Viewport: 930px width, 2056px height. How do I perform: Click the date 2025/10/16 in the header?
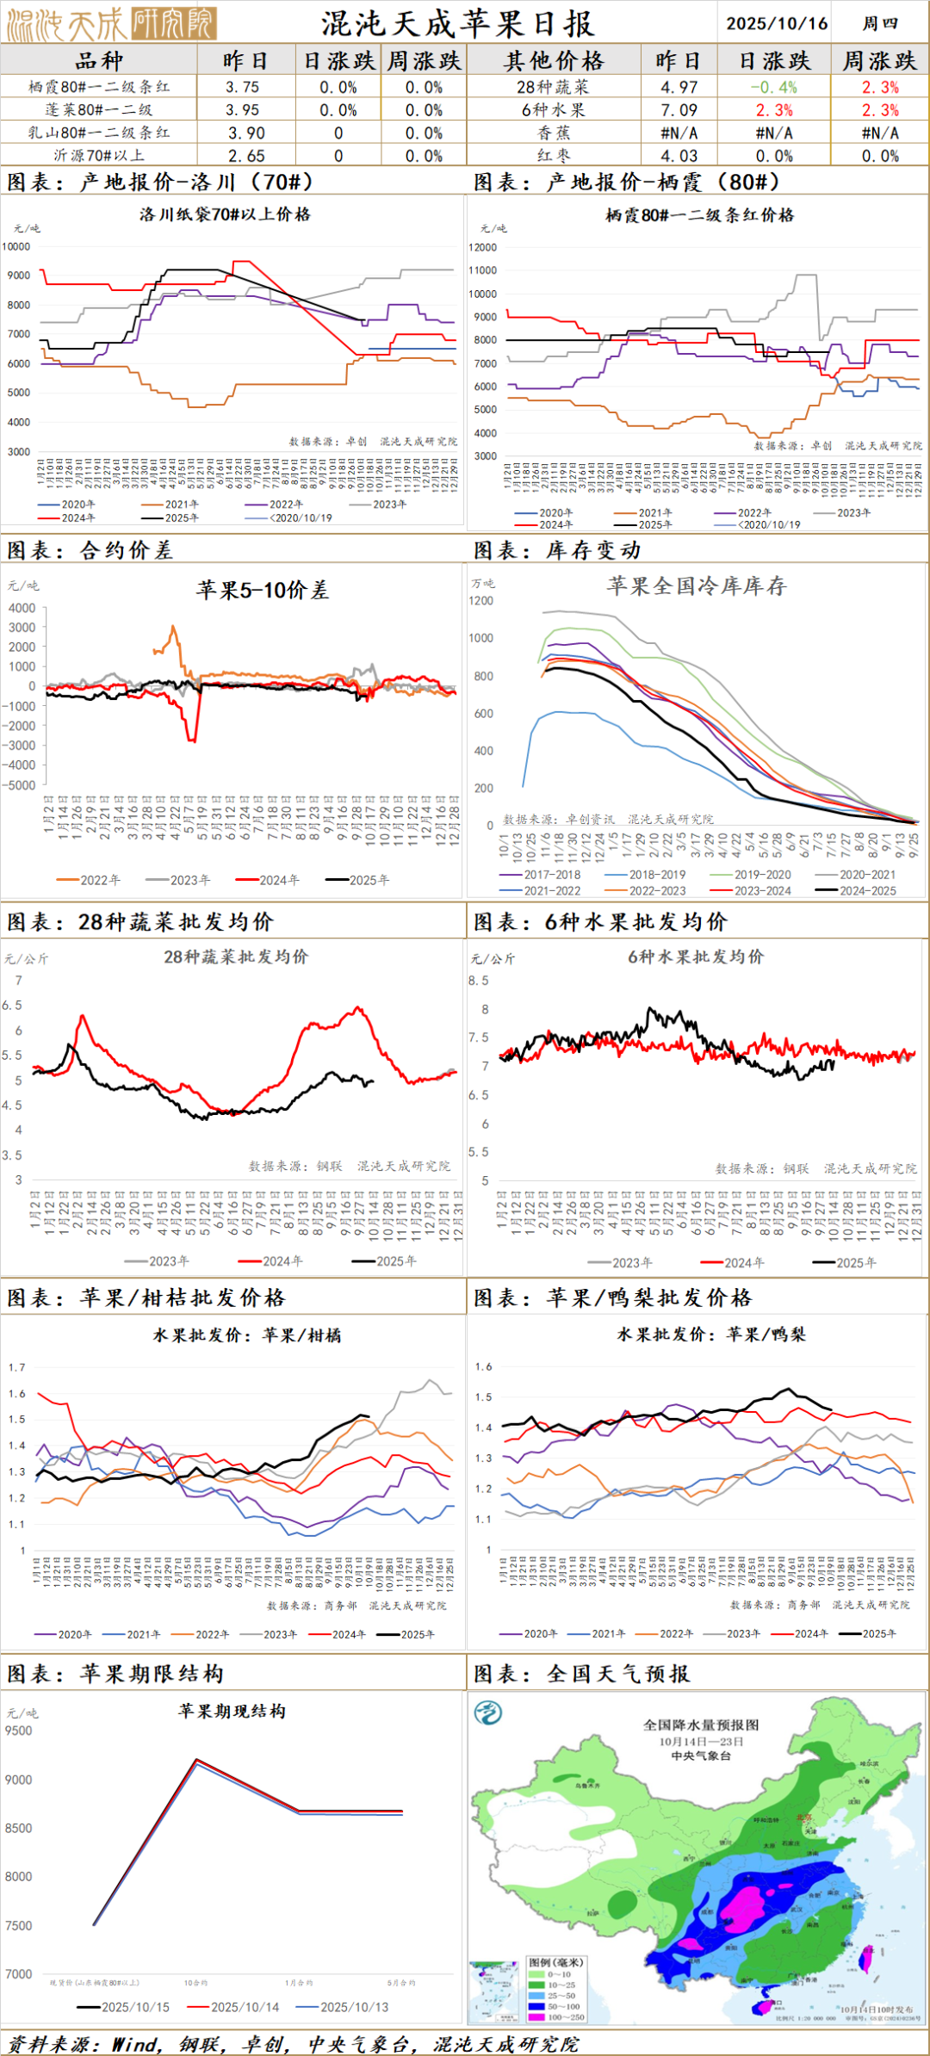(x=777, y=23)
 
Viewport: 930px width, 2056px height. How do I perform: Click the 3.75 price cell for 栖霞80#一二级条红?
(x=243, y=87)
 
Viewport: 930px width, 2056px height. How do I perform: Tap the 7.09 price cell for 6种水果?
(x=679, y=110)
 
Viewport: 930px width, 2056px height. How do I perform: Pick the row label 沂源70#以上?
(x=99, y=156)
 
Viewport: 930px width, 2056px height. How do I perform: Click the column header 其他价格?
(x=554, y=61)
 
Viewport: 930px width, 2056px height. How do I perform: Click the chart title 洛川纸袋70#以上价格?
(x=225, y=214)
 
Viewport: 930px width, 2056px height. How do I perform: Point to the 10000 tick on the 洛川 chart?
(x=16, y=246)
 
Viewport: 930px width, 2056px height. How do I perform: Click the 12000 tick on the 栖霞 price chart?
(x=482, y=247)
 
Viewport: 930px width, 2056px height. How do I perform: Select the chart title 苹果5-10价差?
(x=262, y=590)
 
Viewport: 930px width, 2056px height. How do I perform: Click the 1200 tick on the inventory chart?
(x=481, y=601)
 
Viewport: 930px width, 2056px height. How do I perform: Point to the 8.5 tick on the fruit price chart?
(x=479, y=981)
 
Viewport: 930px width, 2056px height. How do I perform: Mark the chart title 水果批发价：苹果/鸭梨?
(x=711, y=1335)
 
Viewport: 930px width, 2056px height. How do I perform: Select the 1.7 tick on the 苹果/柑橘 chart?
(x=17, y=1367)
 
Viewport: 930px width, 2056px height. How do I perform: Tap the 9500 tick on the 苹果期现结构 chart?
(x=18, y=1731)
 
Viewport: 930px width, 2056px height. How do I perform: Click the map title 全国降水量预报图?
(x=701, y=1725)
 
